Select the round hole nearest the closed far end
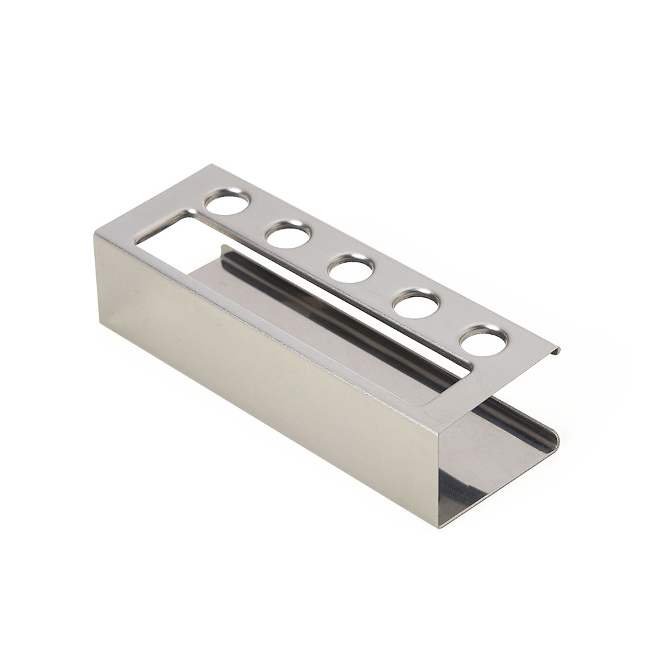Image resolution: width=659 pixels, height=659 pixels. tap(227, 202)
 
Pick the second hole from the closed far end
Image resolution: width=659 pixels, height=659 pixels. tap(289, 235)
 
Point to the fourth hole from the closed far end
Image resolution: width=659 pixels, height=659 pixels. tap(416, 304)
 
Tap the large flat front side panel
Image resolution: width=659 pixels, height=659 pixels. tap(264, 369)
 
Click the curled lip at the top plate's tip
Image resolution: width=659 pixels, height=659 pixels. tap(556, 350)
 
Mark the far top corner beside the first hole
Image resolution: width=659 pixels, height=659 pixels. tap(212, 165)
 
